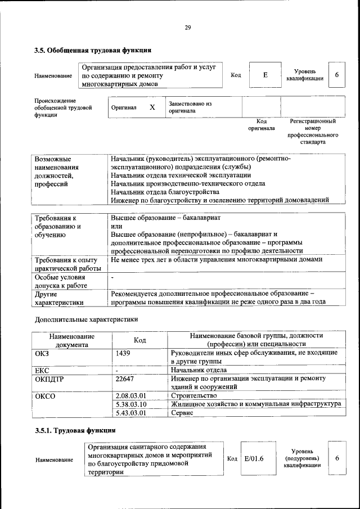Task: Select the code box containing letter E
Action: [x=265, y=75]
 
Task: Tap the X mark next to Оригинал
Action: [x=152, y=106]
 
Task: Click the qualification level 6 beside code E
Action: [x=336, y=75]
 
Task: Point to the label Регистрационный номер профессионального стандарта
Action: [x=312, y=132]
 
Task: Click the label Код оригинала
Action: [x=262, y=124]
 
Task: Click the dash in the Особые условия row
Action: [x=112, y=277]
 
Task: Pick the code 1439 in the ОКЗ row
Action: [x=124, y=353]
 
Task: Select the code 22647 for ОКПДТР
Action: [x=124, y=379]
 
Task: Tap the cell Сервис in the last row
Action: [x=182, y=413]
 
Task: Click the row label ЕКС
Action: [x=43, y=370]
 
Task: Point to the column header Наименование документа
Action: [x=71, y=340]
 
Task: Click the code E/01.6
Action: [x=254, y=458]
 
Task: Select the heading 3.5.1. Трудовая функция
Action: [x=75, y=430]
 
